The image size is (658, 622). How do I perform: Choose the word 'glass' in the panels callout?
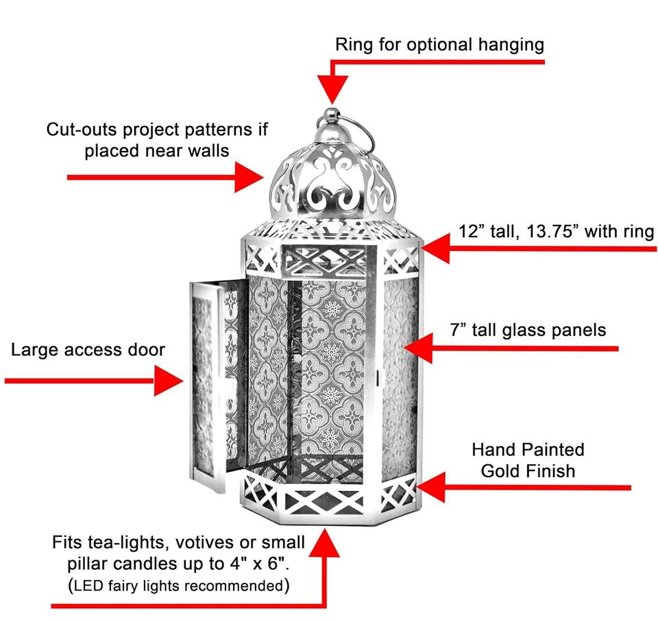tap(531, 330)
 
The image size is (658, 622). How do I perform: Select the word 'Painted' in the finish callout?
tap(548, 450)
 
